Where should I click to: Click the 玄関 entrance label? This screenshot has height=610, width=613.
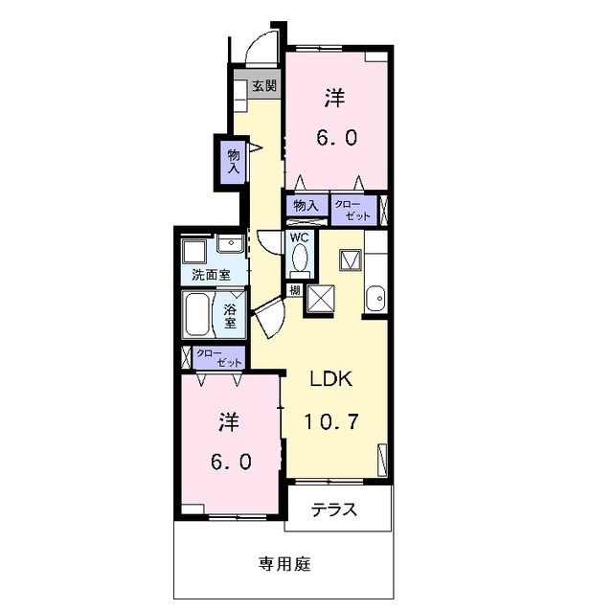pos(264,86)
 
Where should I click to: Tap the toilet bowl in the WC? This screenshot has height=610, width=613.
pos(300,258)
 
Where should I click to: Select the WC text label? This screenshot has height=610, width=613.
pos(298,237)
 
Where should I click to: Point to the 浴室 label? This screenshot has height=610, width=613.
pos(231,316)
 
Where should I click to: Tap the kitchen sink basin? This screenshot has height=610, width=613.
pos(375,299)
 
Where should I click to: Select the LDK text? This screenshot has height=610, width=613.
pos(331,379)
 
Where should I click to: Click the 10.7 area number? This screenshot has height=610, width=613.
pos(331,420)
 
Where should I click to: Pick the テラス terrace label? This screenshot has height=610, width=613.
pos(335,510)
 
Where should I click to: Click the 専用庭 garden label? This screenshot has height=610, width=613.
pos(284,563)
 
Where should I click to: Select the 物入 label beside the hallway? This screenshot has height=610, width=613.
pos(233,160)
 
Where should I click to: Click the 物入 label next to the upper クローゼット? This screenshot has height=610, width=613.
pos(306,205)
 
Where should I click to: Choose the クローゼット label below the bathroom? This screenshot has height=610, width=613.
pos(218,358)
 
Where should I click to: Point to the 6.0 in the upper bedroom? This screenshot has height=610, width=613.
pos(337,137)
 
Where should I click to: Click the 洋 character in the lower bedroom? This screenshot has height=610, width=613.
pos(228,420)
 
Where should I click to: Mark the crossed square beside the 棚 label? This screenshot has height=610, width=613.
pos(319,300)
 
